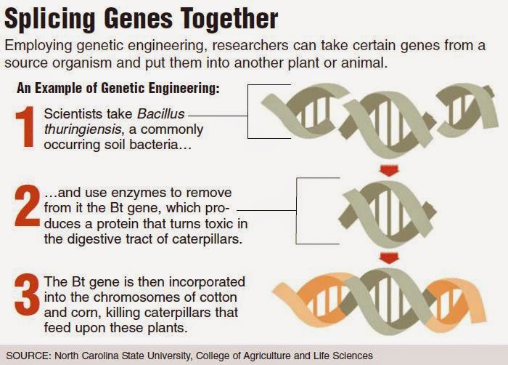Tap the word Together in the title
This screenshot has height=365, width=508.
229,19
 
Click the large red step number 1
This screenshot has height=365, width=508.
25,127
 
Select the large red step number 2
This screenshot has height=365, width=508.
28,206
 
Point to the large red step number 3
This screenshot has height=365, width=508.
28,295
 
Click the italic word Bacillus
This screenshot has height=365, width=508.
161,113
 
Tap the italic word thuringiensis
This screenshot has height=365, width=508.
83,129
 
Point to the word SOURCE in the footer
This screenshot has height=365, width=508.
28,356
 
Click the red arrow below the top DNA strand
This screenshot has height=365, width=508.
389,170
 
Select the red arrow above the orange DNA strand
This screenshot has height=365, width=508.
389,259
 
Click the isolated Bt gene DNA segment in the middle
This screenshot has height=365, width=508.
389,213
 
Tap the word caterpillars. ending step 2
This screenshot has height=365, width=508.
207,239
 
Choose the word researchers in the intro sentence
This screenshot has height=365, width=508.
250,45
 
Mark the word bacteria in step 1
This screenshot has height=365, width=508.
160,145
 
